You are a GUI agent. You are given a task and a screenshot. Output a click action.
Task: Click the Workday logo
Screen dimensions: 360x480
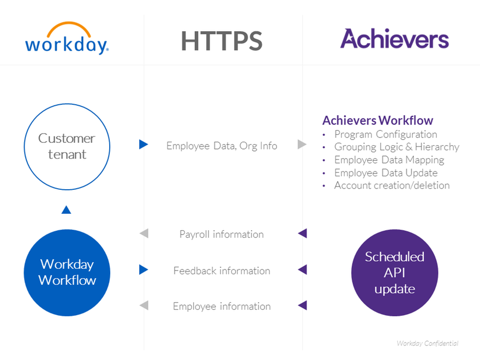[x=67, y=39]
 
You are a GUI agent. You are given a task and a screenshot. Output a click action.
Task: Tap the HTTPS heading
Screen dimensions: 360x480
[x=221, y=41]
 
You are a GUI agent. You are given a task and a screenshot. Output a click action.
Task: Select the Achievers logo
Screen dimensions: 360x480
[x=394, y=39]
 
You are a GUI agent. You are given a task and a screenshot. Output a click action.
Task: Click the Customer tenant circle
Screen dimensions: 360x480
[x=67, y=146]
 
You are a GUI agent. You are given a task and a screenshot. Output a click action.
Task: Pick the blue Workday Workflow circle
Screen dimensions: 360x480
[x=67, y=273]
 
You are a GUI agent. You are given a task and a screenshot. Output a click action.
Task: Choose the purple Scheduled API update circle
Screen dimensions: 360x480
[x=394, y=273]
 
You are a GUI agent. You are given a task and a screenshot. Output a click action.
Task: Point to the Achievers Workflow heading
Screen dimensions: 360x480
[x=377, y=121]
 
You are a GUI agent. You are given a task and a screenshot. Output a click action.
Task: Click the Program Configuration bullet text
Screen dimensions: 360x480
[x=386, y=134]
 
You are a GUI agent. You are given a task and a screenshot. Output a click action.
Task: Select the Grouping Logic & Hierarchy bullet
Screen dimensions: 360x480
[x=397, y=147]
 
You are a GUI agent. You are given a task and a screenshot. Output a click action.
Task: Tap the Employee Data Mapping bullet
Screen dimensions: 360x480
[x=389, y=160]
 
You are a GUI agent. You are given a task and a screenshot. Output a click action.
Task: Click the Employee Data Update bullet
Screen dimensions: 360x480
[x=386, y=173]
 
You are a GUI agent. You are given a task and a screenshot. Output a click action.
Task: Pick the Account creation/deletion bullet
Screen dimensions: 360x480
[x=392, y=185]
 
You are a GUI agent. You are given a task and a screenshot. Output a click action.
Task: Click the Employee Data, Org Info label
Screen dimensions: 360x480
[x=221, y=146]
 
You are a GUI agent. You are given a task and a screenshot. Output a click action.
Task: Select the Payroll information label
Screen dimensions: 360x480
[x=221, y=234]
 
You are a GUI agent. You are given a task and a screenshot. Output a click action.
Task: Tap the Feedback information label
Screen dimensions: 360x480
[x=221, y=271]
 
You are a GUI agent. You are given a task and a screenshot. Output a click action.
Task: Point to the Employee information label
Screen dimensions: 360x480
[x=221, y=307]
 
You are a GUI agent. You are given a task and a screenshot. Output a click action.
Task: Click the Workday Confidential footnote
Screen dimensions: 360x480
[x=427, y=343]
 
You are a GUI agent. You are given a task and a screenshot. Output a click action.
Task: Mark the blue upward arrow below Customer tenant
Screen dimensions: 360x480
[x=67, y=209]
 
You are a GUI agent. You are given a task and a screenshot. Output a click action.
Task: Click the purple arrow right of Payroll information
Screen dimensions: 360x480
[x=303, y=233]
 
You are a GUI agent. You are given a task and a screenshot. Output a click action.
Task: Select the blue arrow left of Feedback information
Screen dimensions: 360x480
[x=143, y=269]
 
